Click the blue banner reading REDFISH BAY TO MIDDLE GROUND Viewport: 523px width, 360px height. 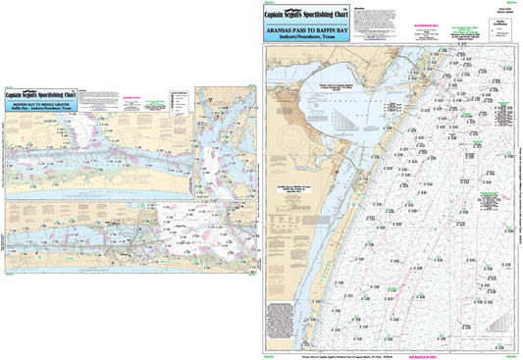pos(41,100)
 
